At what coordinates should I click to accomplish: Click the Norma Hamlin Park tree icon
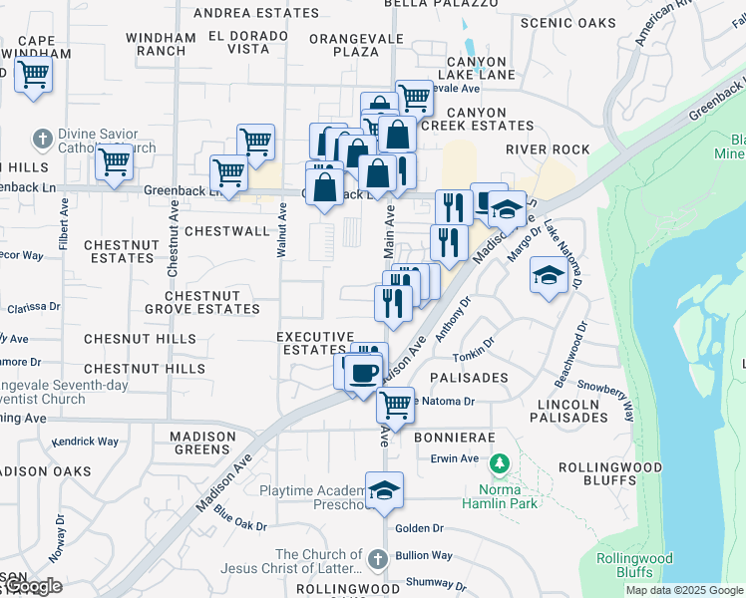point(501,464)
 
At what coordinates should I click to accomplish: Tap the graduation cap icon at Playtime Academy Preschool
point(384,491)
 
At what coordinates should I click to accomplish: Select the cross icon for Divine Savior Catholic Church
point(42,138)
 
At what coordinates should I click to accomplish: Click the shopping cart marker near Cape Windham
point(33,74)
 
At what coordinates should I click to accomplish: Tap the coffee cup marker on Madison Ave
point(363,373)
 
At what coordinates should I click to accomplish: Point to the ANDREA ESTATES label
point(256,13)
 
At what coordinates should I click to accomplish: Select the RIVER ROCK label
point(548,149)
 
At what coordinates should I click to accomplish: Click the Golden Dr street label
point(419,528)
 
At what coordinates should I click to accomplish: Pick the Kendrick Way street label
point(85,441)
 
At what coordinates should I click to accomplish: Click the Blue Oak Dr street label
point(240,520)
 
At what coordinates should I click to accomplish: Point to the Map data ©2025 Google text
point(684,590)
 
